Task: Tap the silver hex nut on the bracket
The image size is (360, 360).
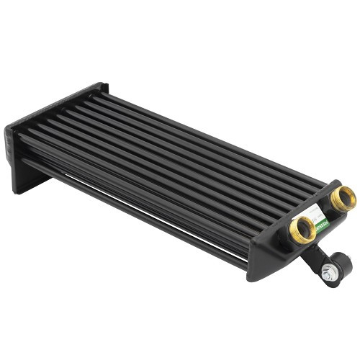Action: coord(330,273)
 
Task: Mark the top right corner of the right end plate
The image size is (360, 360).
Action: coord(338,182)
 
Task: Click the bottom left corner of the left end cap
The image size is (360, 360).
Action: coord(16,192)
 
